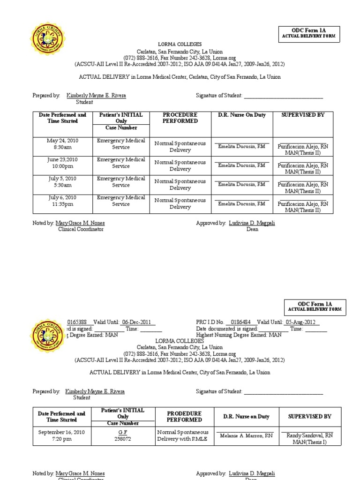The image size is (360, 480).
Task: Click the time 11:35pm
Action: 63,204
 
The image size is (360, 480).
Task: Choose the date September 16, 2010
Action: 62,432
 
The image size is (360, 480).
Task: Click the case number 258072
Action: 123,439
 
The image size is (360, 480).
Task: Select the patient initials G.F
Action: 123,432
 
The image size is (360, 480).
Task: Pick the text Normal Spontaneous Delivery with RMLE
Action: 183,435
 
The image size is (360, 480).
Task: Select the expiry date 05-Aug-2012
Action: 301,322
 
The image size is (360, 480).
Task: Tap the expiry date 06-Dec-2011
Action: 138,322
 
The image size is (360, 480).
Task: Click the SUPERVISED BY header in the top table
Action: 302,115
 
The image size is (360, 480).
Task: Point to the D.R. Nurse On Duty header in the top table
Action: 242,115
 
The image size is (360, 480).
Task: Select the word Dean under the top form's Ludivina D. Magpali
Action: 252,230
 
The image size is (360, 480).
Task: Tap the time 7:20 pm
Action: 62,439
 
